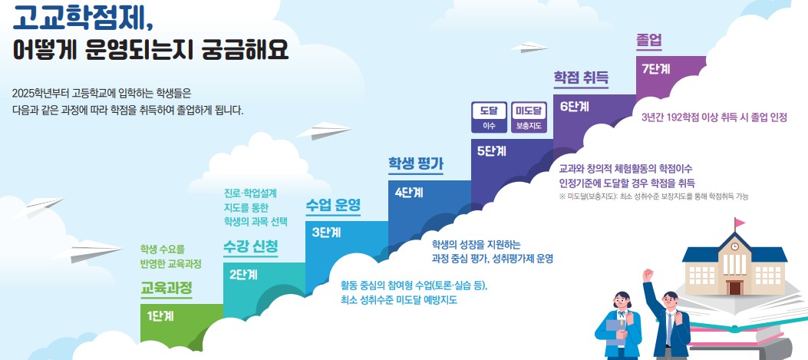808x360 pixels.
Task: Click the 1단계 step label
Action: click(x=160, y=315)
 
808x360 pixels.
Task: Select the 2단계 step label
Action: click(x=243, y=274)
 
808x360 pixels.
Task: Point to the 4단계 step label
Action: click(x=409, y=192)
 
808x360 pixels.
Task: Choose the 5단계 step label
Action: click(x=491, y=150)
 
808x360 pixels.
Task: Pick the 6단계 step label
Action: click(x=574, y=107)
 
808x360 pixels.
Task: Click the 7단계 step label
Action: click(x=656, y=68)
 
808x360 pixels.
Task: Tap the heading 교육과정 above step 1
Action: click(x=166, y=288)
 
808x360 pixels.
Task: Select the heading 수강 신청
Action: click(x=251, y=246)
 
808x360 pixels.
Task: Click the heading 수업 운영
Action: click(x=333, y=205)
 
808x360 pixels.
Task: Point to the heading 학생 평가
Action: click(x=416, y=163)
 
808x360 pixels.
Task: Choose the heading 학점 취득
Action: click(x=581, y=77)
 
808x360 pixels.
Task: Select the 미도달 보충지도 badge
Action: click(x=529, y=117)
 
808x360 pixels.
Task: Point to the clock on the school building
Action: click(x=734, y=246)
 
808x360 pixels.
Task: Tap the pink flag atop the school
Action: click(x=740, y=223)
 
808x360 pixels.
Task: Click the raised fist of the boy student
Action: click(x=648, y=273)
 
